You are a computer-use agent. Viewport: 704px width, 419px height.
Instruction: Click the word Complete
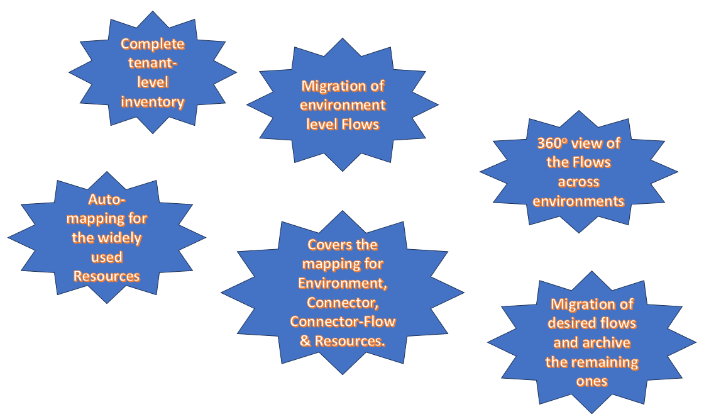coord(153,44)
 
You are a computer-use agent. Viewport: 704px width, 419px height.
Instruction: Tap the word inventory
coord(153,102)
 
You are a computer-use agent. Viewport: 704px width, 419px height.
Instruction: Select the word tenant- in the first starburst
coord(153,63)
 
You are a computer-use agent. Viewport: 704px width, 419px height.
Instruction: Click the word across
coord(579,182)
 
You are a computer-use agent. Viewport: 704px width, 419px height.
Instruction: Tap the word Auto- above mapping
coord(107,199)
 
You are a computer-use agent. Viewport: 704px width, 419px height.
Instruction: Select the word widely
coord(120,238)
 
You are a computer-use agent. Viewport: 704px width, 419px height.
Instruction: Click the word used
coord(107,257)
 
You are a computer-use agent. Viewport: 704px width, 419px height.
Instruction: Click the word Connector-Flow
coord(343,321)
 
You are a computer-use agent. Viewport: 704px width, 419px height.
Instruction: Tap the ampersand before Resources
coord(304,341)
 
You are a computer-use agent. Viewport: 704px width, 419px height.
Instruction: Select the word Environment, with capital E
coord(343,283)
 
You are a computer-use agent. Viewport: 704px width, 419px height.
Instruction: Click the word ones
coord(592,382)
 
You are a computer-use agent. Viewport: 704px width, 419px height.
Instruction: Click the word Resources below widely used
coord(107,276)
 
